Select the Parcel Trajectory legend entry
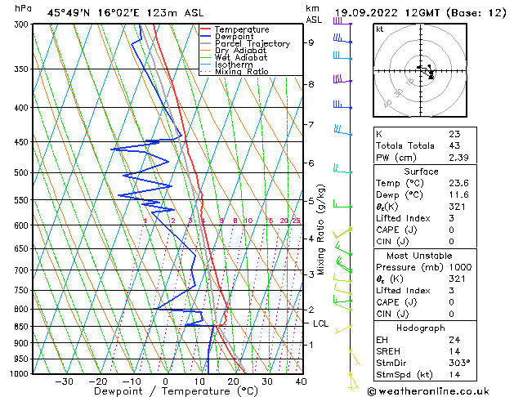pyautogui.click(x=252, y=44)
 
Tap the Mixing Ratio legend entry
pyautogui.click(x=242, y=72)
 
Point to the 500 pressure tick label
pyautogui.click(x=17, y=173)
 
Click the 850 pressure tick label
pyautogui.click(x=17, y=327)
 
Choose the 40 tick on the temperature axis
pyautogui.click(x=301, y=381)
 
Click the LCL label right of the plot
pyautogui.click(x=322, y=323)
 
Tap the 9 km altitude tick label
pyautogui.click(x=311, y=42)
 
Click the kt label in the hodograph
pyautogui.click(x=379, y=29)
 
